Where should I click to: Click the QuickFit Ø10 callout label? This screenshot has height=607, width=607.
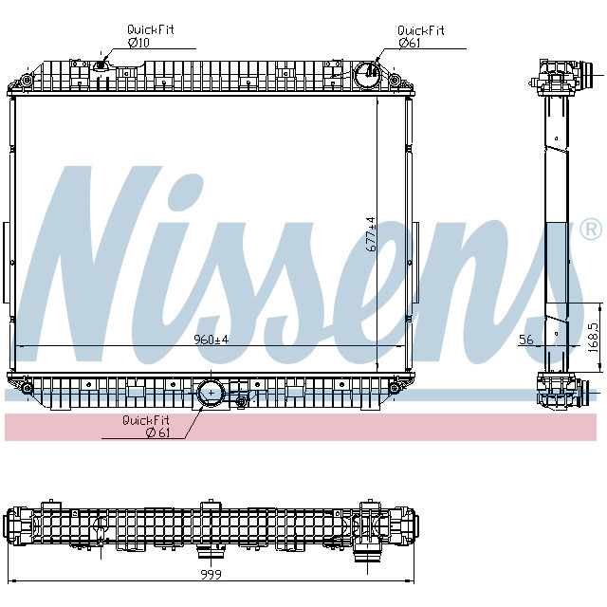click(151, 35)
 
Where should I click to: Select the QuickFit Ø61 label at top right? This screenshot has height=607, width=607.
click(420, 36)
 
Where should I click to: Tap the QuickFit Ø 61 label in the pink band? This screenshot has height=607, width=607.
click(144, 426)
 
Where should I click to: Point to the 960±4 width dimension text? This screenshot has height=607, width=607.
click(212, 340)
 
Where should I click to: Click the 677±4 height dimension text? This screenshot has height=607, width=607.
click(372, 233)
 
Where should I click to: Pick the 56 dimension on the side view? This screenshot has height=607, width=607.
click(526, 340)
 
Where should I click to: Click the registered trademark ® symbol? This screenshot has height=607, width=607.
click(589, 230)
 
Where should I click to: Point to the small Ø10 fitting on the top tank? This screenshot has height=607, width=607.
click(101, 67)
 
